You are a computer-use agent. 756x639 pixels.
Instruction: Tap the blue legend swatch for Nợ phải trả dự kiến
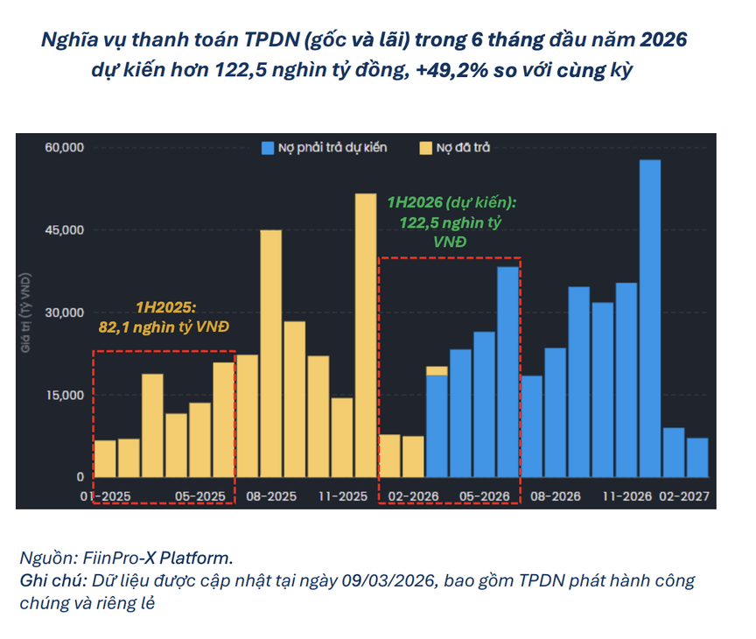coord(267,147)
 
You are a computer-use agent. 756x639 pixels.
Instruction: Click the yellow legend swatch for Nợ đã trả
coord(427,147)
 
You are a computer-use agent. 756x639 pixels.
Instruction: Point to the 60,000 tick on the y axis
coord(64,147)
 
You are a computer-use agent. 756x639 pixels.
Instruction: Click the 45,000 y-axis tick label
coord(64,230)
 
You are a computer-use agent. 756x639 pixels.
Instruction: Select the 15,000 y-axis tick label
coord(64,395)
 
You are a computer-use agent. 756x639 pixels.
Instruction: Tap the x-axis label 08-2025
coord(270,495)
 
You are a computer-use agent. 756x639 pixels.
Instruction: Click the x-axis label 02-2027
coord(685,495)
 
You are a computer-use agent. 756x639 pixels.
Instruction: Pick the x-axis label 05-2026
coord(485,495)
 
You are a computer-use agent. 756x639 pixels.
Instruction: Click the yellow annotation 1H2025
coord(165,308)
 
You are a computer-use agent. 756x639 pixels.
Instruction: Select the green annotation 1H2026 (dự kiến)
coord(451,202)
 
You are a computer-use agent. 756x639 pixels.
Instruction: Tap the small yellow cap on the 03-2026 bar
coord(437,370)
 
